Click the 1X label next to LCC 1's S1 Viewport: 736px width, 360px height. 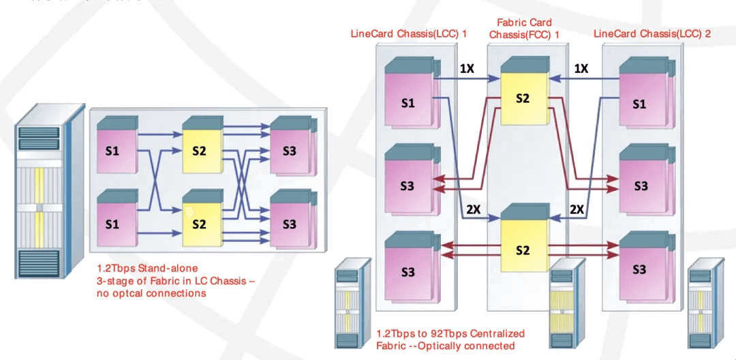[x=467, y=69]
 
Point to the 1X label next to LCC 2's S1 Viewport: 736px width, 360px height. [x=581, y=69]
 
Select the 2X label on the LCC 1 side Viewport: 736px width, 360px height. [x=473, y=209]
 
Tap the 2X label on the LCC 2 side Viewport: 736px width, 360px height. [x=577, y=209]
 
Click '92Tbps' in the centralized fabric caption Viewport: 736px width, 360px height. [x=446, y=333]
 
